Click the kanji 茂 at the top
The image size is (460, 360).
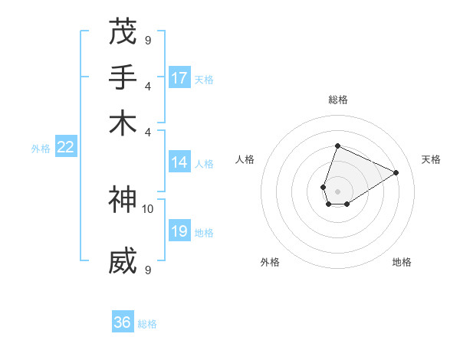(123, 33)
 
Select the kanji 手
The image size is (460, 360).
(123, 77)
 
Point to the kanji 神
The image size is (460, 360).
(123, 201)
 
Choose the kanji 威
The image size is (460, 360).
(123, 261)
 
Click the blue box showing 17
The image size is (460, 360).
(180, 78)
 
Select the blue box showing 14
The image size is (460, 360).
(180, 162)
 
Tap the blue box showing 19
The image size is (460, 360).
(180, 232)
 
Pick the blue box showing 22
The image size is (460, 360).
(66, 148)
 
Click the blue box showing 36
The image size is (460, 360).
(123, 322)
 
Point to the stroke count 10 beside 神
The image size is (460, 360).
(147, 208)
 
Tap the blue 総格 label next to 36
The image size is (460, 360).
(147, 324)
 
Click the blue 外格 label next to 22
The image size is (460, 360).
(41, 149)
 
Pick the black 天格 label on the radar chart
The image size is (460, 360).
(431, 159)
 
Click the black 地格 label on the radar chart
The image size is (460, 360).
(402, 262)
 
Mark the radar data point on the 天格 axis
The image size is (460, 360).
(396, 172)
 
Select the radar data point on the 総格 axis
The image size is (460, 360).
(337, 146)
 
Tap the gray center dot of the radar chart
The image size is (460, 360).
(337, 190)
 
